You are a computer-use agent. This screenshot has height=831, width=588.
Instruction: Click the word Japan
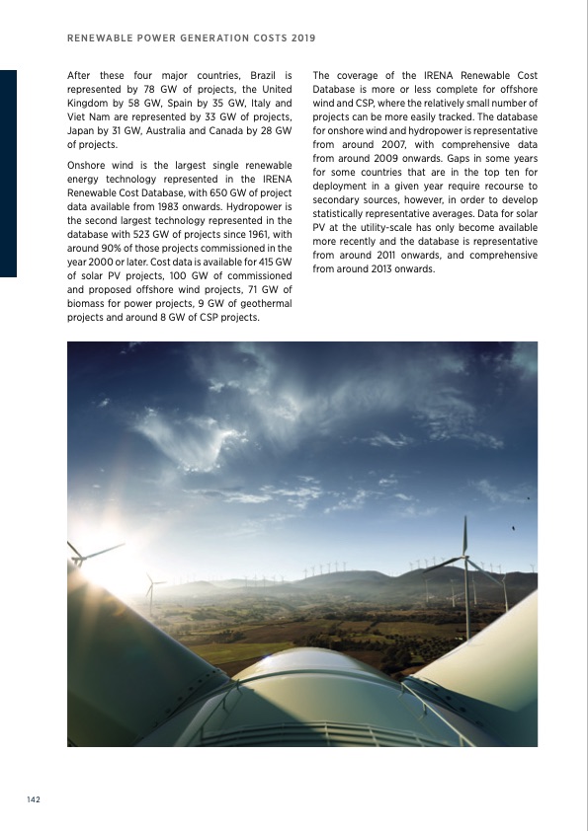pyautogui.click(x=80, y=130)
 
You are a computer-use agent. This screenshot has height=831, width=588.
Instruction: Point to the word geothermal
pyautogui.click(x=260, y=304)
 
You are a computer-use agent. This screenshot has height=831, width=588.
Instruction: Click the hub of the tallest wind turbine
pyautogui.click(x=464, y=560)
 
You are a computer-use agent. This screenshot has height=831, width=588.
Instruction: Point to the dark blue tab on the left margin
pyautogui.click(x=8, y=173)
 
